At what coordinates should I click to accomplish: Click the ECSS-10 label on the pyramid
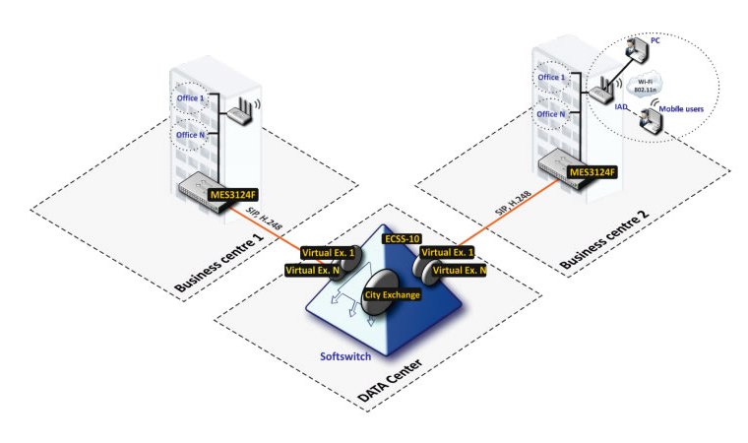403,238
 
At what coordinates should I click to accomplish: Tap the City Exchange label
392,295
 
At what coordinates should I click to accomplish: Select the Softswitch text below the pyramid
345,356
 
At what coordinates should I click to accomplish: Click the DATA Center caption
390,380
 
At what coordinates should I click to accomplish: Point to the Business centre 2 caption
604,240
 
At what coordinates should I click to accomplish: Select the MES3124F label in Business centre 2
592,172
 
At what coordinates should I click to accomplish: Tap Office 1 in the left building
190,97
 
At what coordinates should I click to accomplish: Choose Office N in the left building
190,135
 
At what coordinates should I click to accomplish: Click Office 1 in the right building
551,78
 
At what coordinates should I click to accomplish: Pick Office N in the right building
551,114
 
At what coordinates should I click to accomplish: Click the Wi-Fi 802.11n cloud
644,86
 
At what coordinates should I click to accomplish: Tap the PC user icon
637,49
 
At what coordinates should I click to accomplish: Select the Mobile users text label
681,109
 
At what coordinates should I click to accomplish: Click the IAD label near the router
621,107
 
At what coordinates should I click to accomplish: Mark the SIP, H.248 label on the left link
264,220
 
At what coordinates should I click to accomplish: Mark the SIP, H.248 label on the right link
514,204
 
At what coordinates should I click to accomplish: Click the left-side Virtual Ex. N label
312,271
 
